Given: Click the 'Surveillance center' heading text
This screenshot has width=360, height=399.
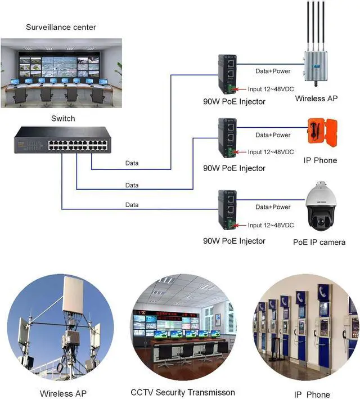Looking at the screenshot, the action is point(61,27).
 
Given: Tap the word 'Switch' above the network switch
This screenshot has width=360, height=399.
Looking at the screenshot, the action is point(63,118).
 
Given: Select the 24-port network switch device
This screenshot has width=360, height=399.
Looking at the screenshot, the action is point(62,140).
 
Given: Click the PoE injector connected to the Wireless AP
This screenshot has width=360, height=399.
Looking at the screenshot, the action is point(227,74).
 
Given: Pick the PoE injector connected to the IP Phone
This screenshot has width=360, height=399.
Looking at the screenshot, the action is point(227,138).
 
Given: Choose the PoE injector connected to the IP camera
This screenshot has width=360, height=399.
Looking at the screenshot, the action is point(227,210).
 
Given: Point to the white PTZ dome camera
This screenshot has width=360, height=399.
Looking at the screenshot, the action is point(321,206).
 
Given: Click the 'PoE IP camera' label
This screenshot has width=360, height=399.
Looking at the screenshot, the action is point(319,242).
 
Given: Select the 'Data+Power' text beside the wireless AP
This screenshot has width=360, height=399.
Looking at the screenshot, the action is point(273,71).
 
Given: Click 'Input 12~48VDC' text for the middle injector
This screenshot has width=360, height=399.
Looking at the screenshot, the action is point(271,152).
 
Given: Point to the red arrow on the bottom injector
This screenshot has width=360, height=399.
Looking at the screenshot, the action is point(239,226).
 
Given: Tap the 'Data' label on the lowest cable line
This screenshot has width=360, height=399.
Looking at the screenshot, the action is point(132,205).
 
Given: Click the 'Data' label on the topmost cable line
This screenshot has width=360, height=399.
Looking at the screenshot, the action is point(132,163).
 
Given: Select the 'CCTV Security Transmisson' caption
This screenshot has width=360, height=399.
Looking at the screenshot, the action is point(183,392).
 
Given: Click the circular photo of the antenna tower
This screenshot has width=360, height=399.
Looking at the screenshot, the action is point(60,327).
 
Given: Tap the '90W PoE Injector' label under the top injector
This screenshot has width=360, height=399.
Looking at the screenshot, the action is point(234,101).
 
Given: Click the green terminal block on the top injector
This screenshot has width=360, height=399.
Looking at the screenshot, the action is point(231,88).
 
